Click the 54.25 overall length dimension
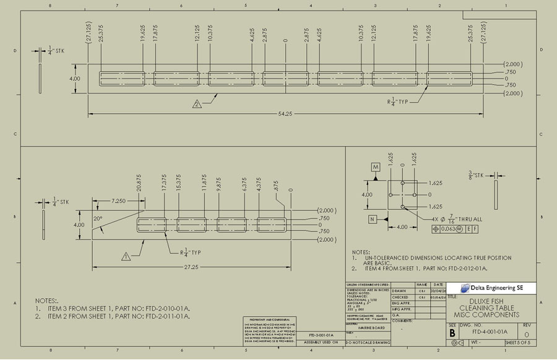[x=285, y=113]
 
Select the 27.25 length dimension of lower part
[x=191, y=267]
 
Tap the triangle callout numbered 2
[x=197, y=104]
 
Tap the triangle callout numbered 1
[x=126, y=255]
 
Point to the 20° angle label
[x=98, y=219]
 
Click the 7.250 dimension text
[x=121, y=201]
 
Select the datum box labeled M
[x=376, y=168]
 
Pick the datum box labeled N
[x=373, y=219]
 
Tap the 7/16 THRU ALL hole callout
[x=458, y=219]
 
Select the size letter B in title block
[x=452, y=332]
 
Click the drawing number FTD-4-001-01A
[x=490, y=332]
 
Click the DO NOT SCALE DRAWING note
[x=368, y=342]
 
